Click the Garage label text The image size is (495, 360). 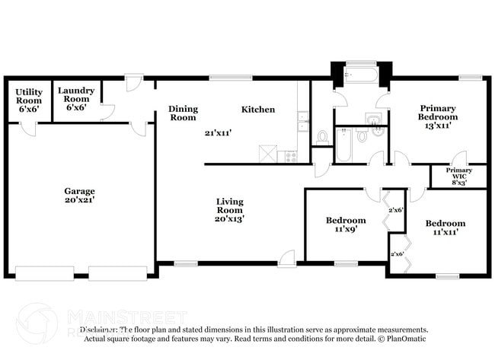tap(79, 191)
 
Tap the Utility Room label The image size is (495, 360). tap(29, 96)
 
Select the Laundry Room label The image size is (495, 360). tap(76, 94)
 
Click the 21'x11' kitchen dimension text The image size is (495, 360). tap(218, 132)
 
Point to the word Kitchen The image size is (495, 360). tap(258, 110)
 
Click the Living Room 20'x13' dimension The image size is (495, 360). tap(229, 218)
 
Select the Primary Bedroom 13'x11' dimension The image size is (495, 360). tap(438, 126)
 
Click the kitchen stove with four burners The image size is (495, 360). tap(290, 156)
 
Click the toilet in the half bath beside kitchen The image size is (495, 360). tap(323, 137)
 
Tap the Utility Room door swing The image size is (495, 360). tap(28, 127)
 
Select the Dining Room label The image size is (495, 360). tap(183, 113)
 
